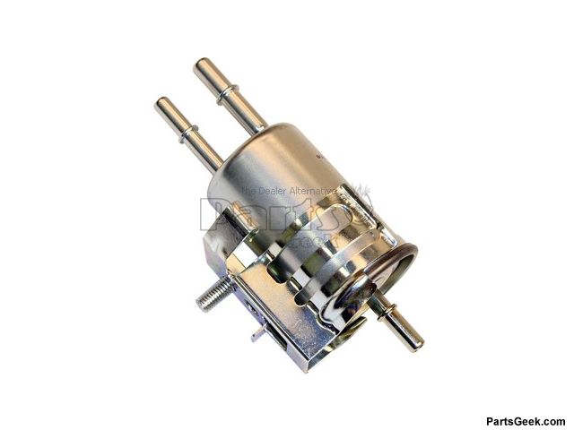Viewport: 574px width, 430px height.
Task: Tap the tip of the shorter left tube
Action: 164,105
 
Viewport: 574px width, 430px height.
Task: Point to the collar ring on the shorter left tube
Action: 188,135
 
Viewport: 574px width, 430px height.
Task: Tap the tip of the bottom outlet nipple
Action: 415,343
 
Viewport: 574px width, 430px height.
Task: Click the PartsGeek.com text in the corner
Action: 525,421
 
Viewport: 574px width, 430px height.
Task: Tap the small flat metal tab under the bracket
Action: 259,332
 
